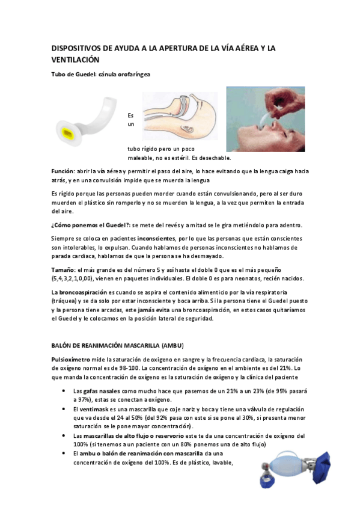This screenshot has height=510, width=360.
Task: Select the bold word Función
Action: tap(63, 171)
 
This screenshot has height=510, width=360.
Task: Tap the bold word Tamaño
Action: tap(63, 270)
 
